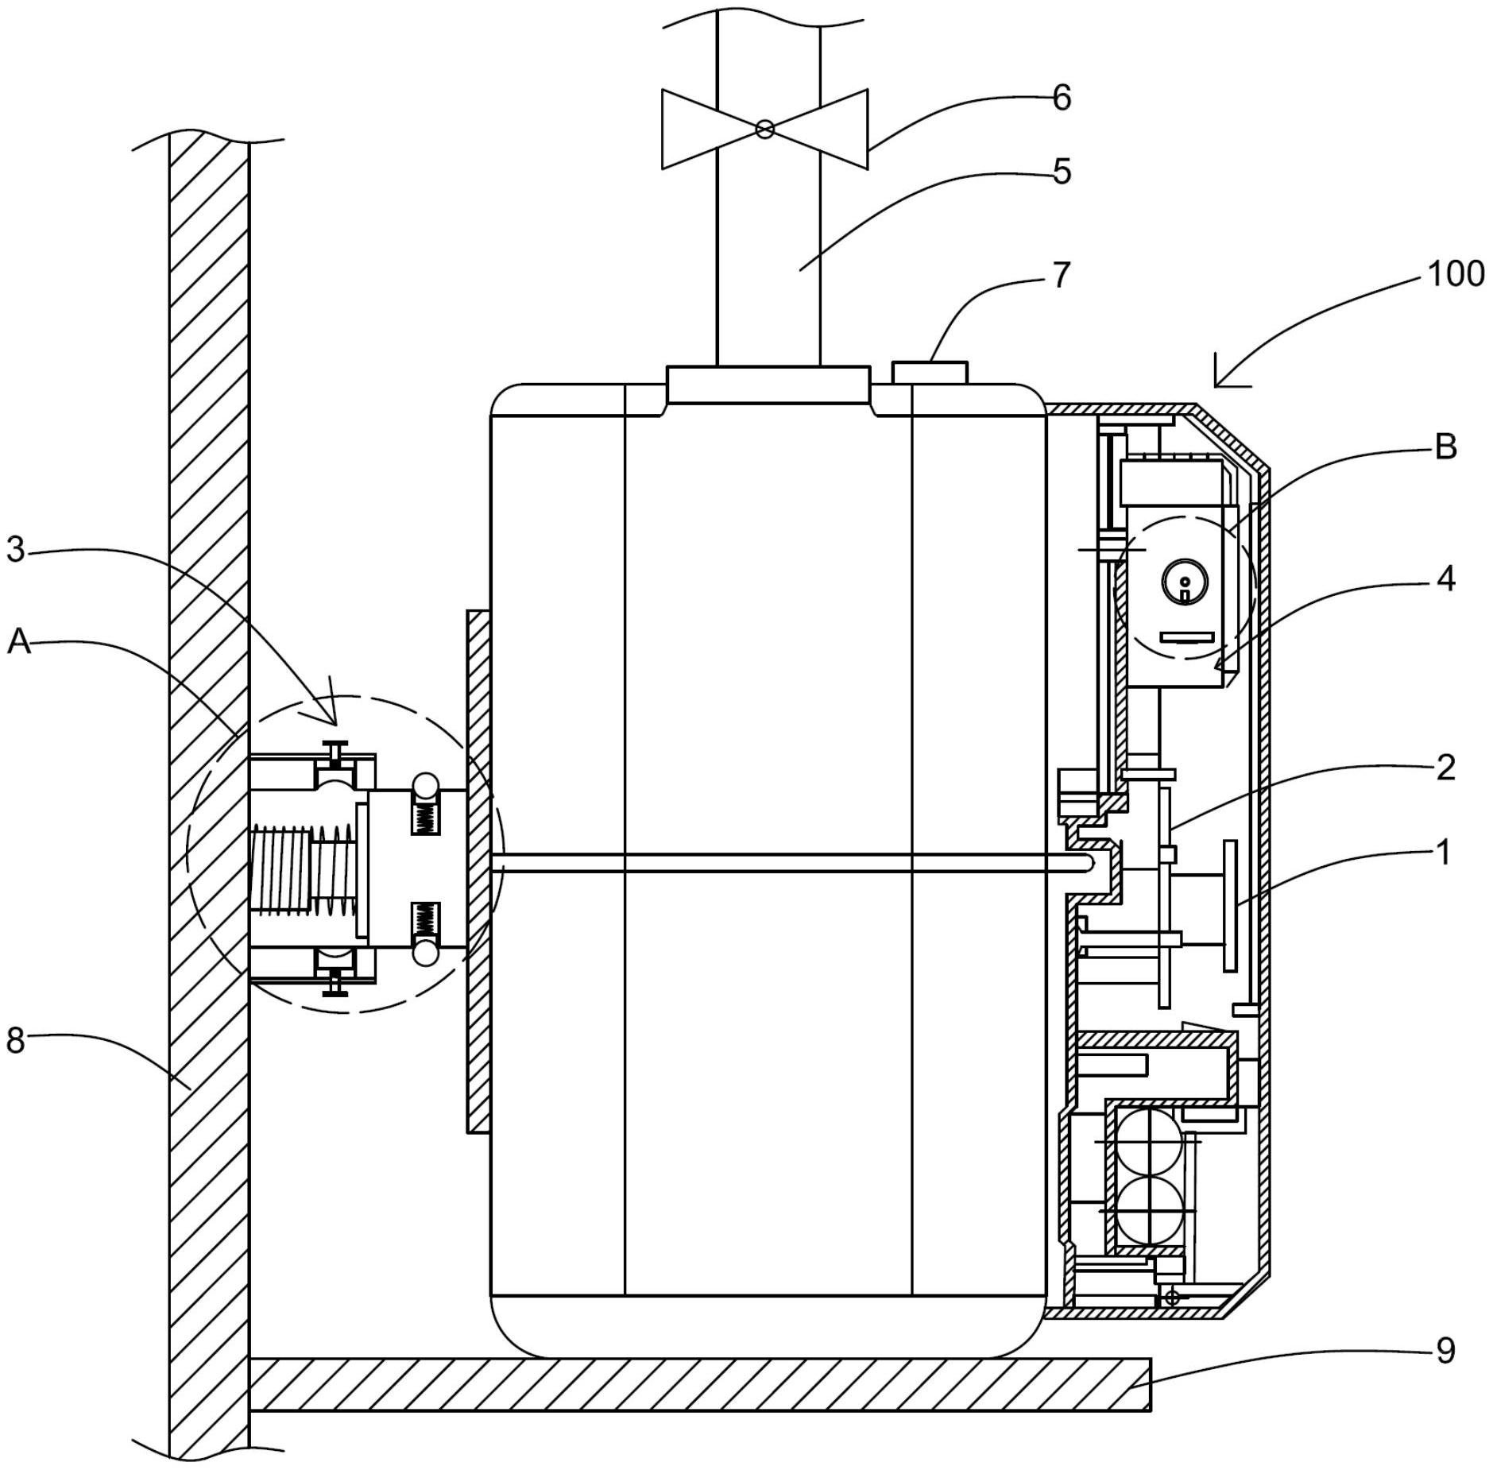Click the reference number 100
[1456, 273]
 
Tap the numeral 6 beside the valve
[1062, 98]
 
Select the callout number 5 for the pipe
[1062, 172]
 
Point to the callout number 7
[1062, 275]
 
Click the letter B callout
[1446, 447]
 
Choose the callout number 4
[1446, 579]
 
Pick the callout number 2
[1446, 768]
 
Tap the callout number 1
[1444, 853]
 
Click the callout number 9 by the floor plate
[1446, 1350]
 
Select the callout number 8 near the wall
[16, 1040]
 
